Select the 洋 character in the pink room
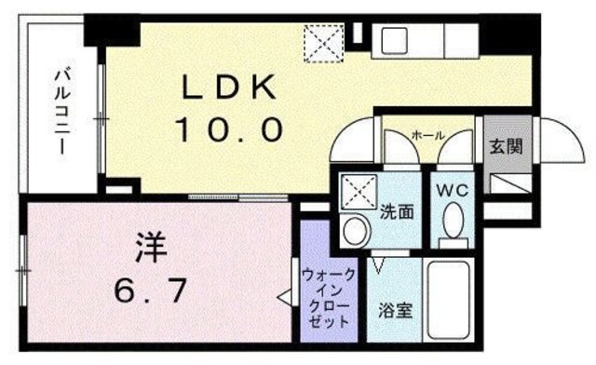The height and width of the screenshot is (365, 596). tap(152, 249)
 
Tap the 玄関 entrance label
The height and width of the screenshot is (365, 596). tap(506, 145)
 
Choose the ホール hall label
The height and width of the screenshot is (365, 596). tap(427, 136)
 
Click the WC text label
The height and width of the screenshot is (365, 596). tap(454, 191)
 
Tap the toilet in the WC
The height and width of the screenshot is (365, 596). tap(454, 224)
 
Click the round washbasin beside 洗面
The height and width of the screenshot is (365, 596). tap(353, 229)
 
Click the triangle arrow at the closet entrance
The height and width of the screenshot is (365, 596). tap(282, 298)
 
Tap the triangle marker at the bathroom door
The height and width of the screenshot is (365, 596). tap(378, 266)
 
